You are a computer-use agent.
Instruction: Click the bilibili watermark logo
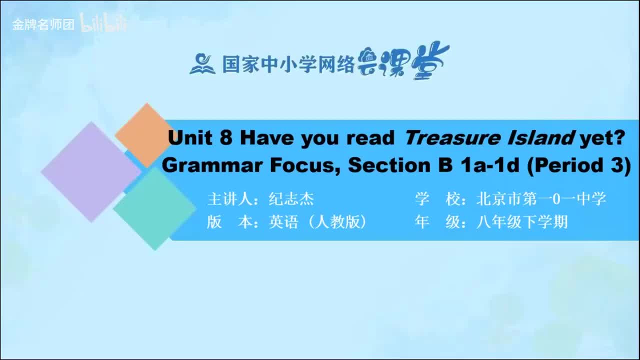click(x=103, y=24)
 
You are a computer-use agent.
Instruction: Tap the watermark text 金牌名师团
click(x=43, y=24)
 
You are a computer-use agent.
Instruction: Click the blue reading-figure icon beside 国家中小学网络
click(x=202, y=64)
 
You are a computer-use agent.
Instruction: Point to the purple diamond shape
click(x=90, y=171)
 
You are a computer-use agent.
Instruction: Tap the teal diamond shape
click(x=154, y=208)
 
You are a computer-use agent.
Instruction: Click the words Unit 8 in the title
click(x=200, y=138)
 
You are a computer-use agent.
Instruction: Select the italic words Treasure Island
click(x=488, y=138)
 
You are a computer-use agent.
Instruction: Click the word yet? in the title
click(x=602, y=138)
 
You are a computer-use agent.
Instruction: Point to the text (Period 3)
click(x=579, y=165)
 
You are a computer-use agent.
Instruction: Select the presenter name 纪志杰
click(x=291, y=199)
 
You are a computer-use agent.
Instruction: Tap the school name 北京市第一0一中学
click(x=541, y=199)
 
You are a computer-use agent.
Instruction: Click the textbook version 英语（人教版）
click(x=318, y=222)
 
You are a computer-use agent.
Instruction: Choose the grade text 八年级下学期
click(x=522, y=222)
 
